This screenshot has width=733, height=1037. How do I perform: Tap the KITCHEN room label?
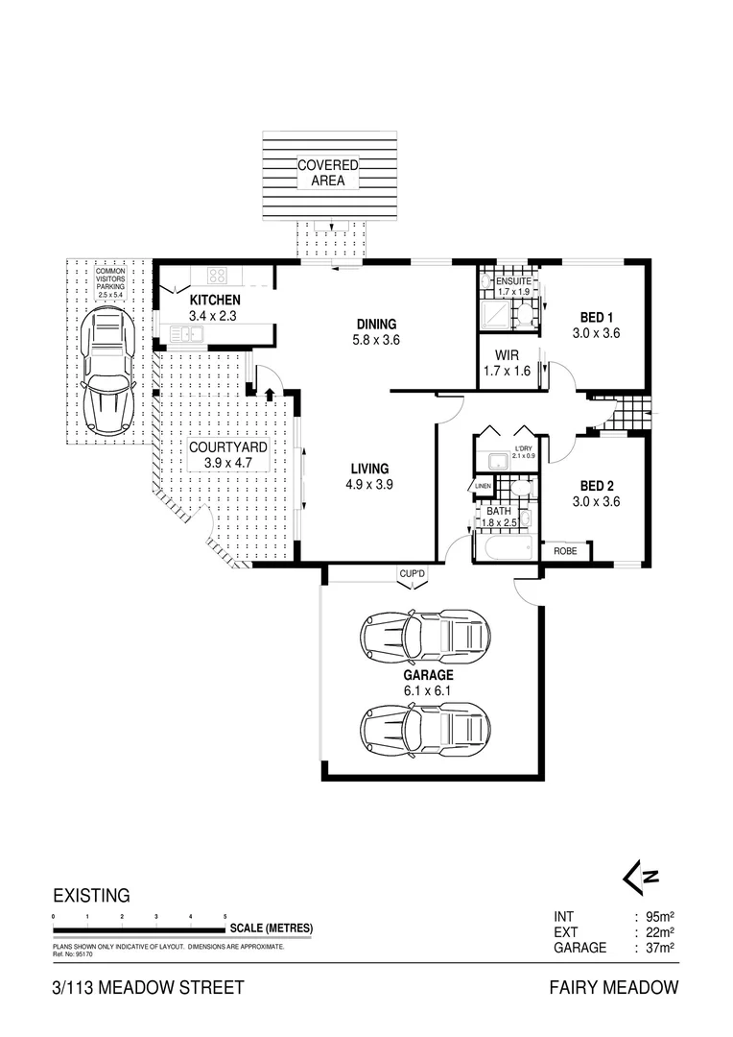214,306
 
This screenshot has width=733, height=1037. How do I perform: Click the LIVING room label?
369,477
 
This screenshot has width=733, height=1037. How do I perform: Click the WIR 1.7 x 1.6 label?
507,364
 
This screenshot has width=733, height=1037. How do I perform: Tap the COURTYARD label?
226,454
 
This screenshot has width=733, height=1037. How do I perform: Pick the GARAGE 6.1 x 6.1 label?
427,682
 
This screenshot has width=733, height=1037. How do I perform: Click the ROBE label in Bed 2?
564,552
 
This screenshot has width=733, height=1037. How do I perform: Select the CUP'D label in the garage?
414,574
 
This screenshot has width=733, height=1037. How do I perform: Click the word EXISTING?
91,896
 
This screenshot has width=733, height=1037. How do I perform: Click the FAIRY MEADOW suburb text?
614,987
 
